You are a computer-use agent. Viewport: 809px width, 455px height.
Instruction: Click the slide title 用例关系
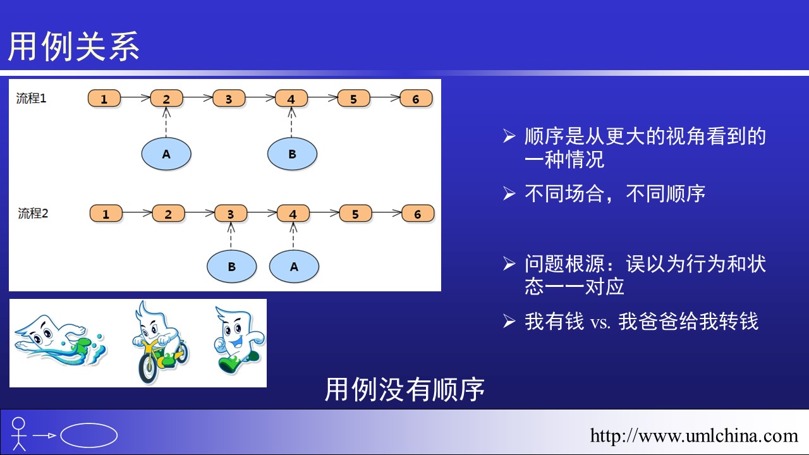coord(74,46)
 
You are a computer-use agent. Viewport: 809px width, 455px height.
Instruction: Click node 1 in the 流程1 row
coord(104,98)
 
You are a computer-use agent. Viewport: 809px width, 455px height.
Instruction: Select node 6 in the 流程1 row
coord(416,98)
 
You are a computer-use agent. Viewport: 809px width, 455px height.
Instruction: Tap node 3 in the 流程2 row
coord(231,214)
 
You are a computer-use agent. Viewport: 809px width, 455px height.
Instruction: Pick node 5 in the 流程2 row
coord(355,214)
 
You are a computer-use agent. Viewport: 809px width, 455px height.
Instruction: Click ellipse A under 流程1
coord(166,154)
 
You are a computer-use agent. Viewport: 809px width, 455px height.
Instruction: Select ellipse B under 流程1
coord(292,154)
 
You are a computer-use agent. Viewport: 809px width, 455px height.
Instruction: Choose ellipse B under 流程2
coord(231,267)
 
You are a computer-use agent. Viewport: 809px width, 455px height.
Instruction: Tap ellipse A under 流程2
coord(294,267)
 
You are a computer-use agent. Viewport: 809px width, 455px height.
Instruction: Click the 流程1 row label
coord(31,98)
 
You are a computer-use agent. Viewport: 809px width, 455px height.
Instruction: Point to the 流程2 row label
coord(33,214)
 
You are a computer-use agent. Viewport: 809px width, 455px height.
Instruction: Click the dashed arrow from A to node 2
coord(166,123)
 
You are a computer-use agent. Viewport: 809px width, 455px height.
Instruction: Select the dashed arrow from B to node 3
coord(231,236)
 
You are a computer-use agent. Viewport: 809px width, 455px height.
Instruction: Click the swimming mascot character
coord(59,341)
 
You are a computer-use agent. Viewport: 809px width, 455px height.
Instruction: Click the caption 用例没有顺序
coord(404,389)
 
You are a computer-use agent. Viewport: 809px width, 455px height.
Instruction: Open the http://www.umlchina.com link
coord(694,435)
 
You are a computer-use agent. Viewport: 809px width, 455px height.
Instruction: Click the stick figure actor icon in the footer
coord(18,434)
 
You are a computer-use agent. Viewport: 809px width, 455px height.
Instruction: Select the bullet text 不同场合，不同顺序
coord(615,193)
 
